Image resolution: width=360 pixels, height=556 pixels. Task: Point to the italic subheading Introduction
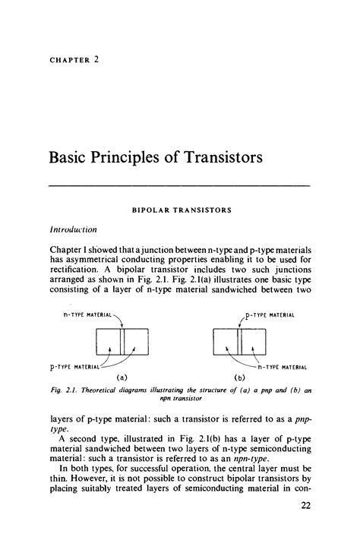(74, 227)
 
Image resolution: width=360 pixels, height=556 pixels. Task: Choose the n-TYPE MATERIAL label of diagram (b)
(285, 366)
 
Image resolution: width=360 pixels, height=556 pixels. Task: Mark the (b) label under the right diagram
(241, 378)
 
